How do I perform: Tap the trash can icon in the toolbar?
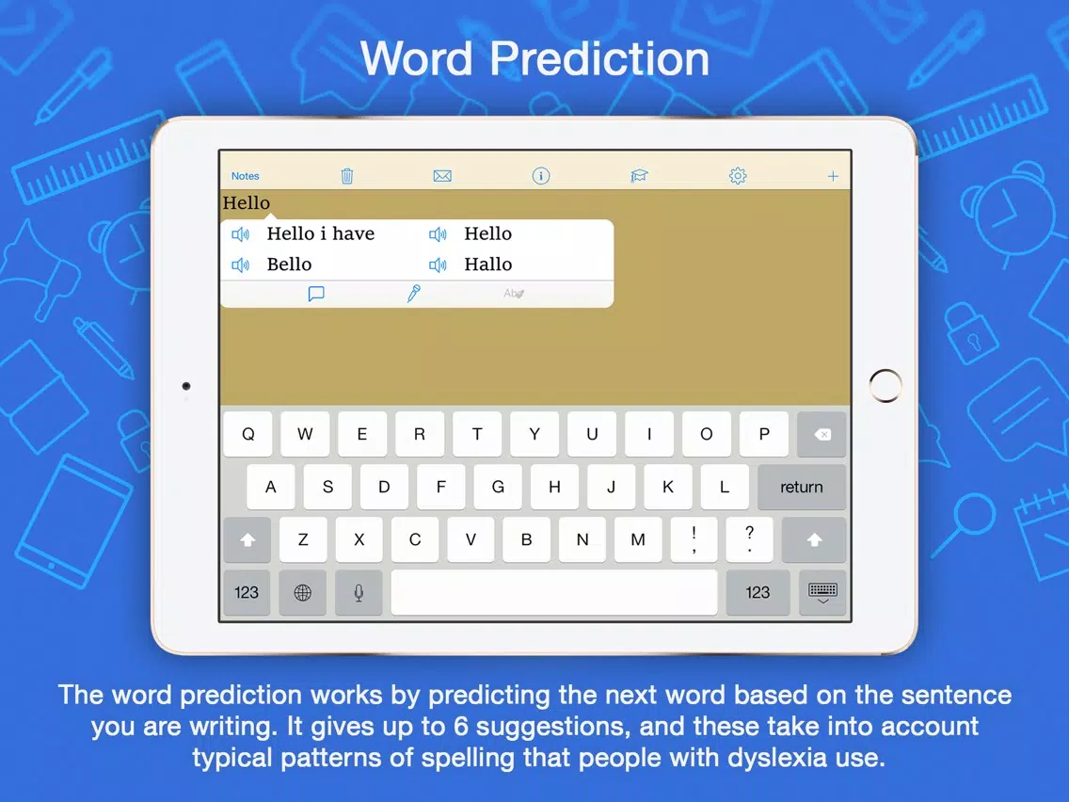(x=347, y=176)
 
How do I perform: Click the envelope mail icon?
(x=442, y=176)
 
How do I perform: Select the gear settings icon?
(x=738, y=176)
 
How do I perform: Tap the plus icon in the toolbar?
(x=833, y=177)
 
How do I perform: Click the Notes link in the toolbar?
(x=245, y=176)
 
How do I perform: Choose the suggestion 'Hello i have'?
(x=321, y=233)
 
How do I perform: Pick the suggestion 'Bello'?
(x=289, y=264)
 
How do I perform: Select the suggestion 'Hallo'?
(x=487, y=264)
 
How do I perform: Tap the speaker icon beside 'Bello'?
(x=240, y=265)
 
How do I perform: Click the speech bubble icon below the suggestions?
(x=315, y=294)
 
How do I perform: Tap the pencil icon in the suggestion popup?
(x=414, y=294)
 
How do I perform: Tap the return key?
(x=801, y=487)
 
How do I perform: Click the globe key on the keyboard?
(x=303, y=592)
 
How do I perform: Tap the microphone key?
(x=359, y=592)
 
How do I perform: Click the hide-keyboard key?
(x=822, y=592)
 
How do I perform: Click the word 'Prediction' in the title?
(x=599, y=58)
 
